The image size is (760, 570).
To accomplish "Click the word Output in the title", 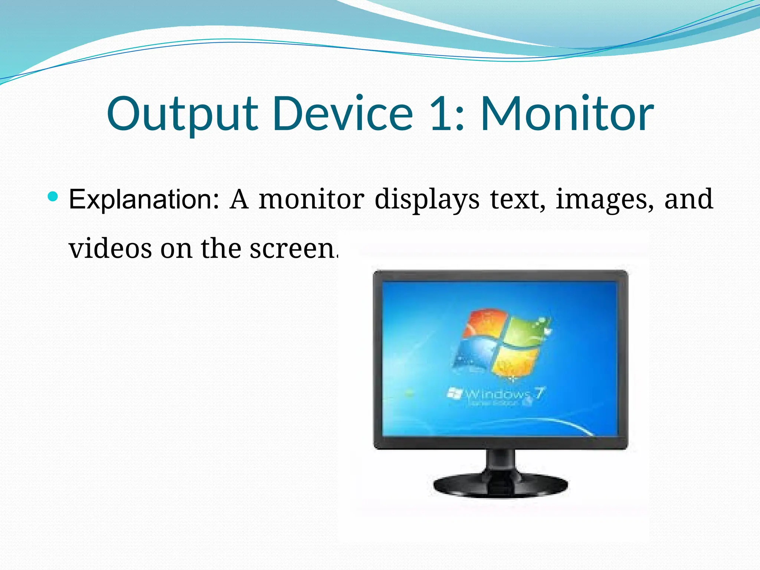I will click(182, 114).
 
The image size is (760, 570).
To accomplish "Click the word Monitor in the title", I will click(567, 114).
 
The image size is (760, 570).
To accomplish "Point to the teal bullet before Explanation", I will click(53, 196).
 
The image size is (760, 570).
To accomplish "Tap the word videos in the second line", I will click(110, 249).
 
